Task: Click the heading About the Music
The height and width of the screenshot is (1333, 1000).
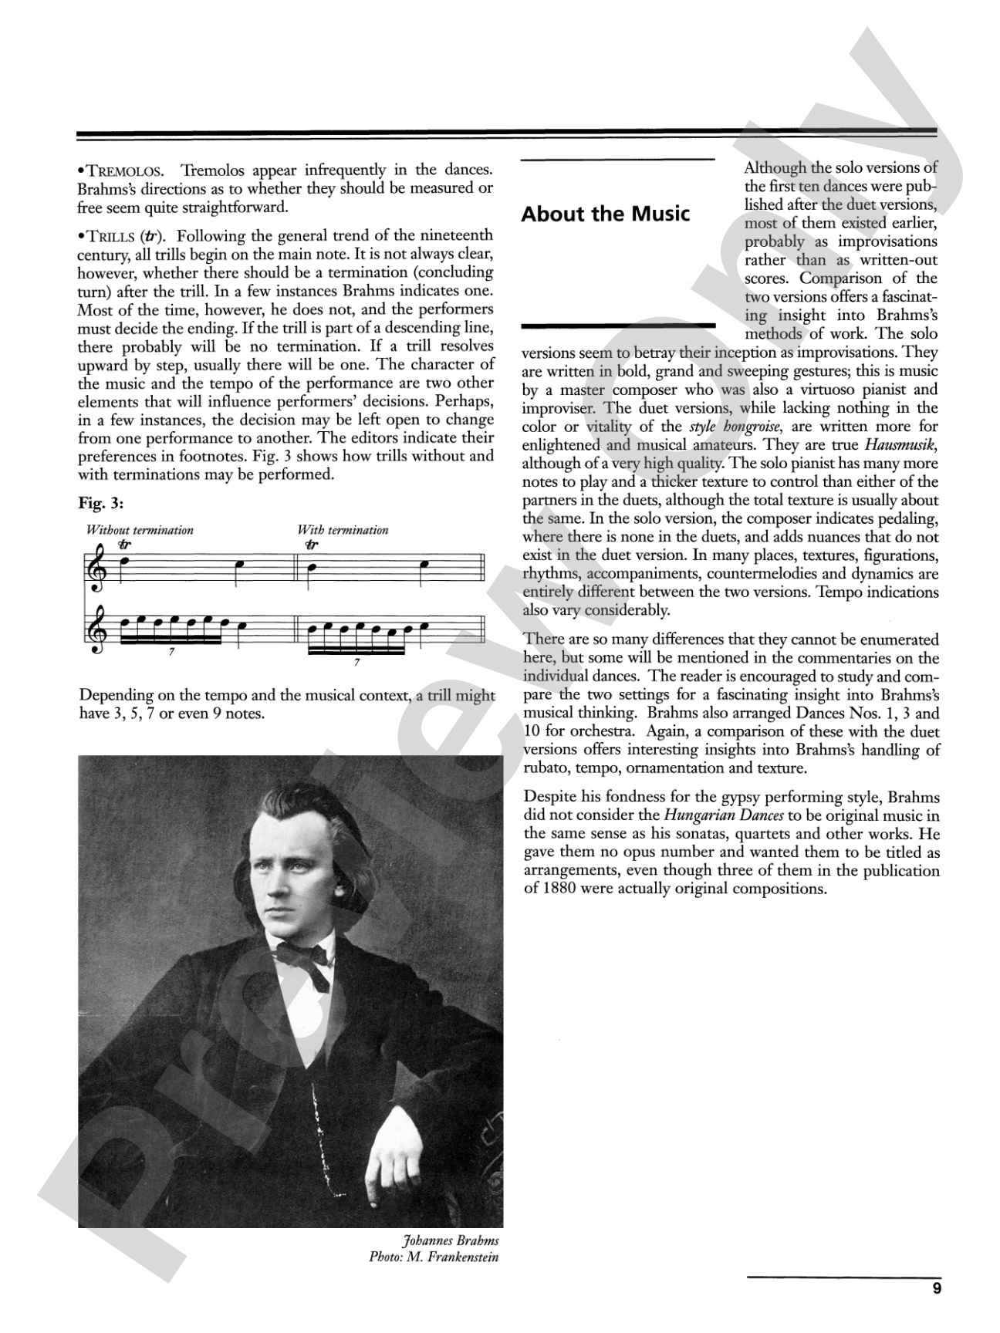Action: click(605, 214)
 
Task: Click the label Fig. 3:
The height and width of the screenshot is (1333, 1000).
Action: click(101, 504)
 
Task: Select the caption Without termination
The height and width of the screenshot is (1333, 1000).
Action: click(140, 530)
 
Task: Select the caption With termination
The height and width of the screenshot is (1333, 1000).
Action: click(343, 530)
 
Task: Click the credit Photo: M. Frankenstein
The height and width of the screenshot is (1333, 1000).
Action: click(434, 1257)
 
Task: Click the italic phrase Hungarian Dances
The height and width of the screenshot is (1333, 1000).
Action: click(708, 815)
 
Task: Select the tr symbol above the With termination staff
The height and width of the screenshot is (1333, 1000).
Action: click(311, 545)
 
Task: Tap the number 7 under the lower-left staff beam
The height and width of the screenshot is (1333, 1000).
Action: click(171, 652)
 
